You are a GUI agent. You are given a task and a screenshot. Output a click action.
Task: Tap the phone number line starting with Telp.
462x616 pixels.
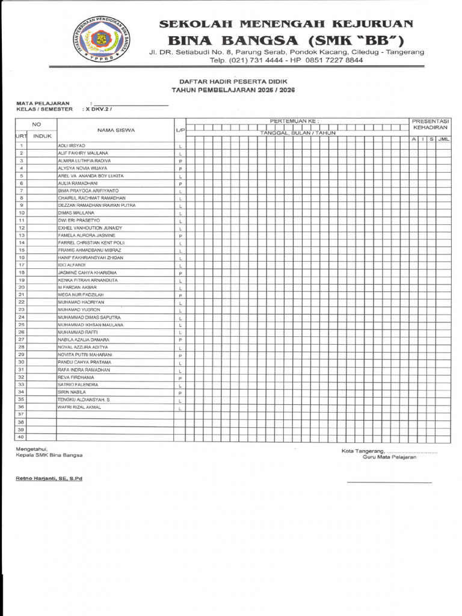[x=286, y=60]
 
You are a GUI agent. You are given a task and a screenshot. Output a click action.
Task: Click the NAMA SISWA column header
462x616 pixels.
[x=115, y=130]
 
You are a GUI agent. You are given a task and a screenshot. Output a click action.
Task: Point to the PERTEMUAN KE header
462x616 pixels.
[x=294, y=121]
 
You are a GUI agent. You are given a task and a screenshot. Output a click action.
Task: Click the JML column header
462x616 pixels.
[x=443, y=139]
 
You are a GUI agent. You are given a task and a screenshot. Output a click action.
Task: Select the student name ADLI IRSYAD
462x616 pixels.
[x=72, y=146]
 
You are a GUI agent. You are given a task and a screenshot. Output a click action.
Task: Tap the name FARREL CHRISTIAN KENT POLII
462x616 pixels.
[x=91, y=242]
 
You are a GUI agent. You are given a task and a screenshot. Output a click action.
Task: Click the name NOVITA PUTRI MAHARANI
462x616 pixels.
[x=85, y=355]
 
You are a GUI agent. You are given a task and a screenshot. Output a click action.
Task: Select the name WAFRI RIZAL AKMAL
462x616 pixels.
[x=79, y=407]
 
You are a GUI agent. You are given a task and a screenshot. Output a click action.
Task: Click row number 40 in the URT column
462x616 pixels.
[x=21, y=437]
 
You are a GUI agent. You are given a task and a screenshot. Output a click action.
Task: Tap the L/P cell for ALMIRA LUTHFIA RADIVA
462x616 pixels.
[x=180, y=161]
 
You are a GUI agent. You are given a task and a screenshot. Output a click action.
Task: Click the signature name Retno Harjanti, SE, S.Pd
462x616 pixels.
[x=49, y=478]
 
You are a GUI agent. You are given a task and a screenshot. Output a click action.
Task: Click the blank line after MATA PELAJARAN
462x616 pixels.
[x=131, y=103]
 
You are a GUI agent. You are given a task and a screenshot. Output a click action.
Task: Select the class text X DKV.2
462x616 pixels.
[x=98, y=109]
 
